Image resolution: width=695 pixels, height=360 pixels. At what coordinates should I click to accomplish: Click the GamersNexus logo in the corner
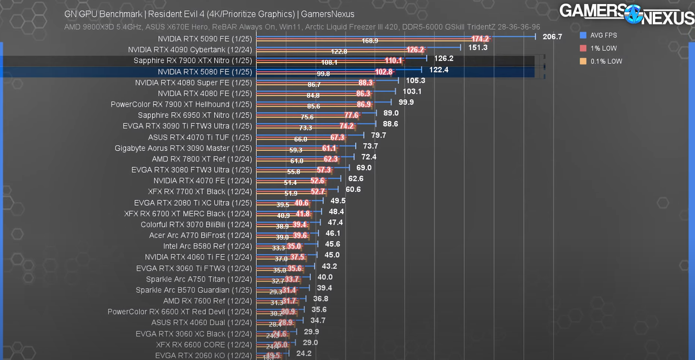(626, 14)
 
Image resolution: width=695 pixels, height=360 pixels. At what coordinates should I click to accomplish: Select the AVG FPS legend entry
(603, 35)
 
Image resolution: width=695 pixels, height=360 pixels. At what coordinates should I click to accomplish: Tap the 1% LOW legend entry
(603, 49)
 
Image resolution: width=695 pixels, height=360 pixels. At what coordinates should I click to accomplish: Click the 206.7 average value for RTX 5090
(552, 37)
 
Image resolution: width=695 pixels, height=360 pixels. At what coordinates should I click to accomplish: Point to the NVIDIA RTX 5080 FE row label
(205, 72)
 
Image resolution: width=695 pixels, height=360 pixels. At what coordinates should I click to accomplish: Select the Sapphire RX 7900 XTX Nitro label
(193, 61)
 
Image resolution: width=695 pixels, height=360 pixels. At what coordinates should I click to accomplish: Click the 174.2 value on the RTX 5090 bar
(480, 39)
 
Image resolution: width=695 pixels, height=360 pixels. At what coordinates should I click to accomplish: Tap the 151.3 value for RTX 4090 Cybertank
(478, 48)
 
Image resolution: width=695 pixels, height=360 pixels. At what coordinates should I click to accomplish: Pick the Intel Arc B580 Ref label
(208, 246)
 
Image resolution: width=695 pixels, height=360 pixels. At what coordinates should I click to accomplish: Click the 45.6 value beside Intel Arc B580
(332, 244)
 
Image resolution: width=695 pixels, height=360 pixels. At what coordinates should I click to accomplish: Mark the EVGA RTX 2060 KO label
(204, 356)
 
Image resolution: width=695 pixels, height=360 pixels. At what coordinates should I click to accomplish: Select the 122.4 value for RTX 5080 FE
(438, 70)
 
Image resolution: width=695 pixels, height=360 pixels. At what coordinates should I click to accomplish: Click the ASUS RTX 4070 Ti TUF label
(200, 137)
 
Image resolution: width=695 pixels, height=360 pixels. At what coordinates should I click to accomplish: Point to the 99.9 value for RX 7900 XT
(406, 102)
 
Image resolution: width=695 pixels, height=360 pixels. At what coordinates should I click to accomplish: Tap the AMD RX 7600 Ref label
(208, 301)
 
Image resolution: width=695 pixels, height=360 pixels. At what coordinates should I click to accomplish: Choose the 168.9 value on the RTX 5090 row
(370, 41)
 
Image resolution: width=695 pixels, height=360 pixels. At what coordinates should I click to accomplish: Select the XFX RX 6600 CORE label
(204, 345)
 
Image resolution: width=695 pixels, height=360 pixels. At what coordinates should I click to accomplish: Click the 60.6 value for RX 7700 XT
(353, 190)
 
